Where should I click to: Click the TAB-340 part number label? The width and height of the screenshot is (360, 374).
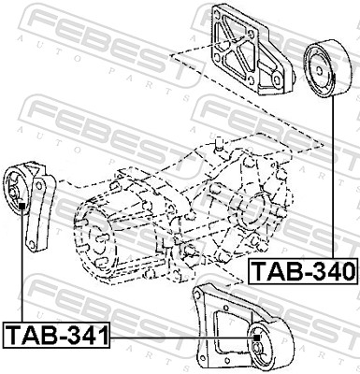(303, 272)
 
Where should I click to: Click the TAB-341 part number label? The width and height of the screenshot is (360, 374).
(56, 334)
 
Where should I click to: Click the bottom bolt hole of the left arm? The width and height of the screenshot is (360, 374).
(35, 246)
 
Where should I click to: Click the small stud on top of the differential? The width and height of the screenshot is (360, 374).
(216, 144)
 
